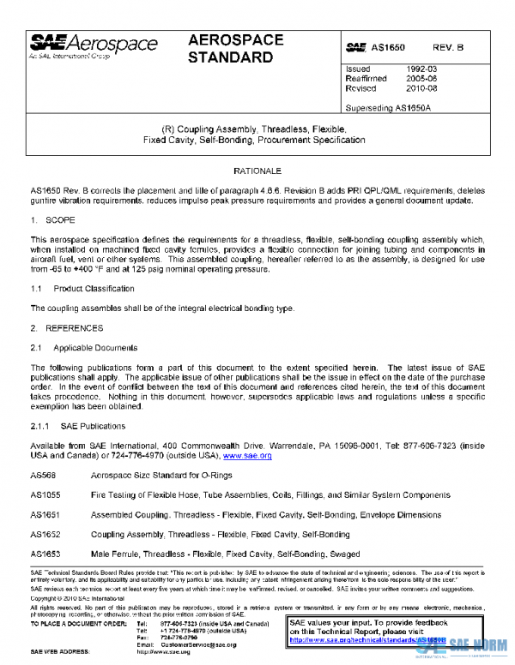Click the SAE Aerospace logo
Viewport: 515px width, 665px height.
(94, 46)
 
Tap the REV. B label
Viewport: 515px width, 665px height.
(448, 49)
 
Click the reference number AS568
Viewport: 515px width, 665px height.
(43, 475)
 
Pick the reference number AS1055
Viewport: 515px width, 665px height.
(45, 494)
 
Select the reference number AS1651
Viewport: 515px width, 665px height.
(45, 514)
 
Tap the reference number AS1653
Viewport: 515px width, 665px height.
(45, 554)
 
